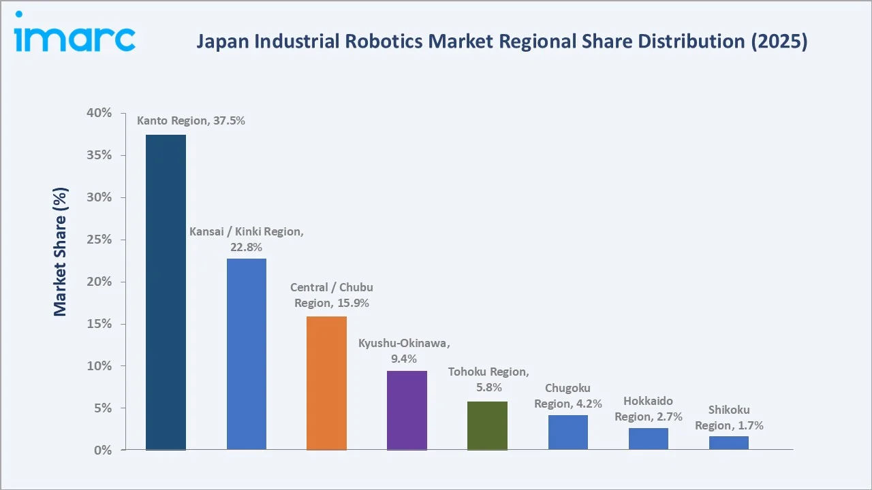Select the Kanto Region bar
tap(166, 292)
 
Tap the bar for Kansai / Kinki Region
tap(247, 354)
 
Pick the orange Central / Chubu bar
tap(326, 383)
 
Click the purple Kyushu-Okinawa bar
tap(407, 410)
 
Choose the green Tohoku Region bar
tap(487, 425)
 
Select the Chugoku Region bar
tap(567, 432)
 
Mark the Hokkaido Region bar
tap(648, 439)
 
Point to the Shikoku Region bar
tap(728, 443)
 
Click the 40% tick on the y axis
tap(99, 113)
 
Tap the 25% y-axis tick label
tap(99, 240)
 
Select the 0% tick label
tap(103, 451)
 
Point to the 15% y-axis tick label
tap(99, 324)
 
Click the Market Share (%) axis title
tap(61, 252)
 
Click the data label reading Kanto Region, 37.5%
tap(191, 121)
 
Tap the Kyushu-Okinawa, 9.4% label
tap(404, 350)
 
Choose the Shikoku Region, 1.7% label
tap(729, 418)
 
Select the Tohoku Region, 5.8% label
tap(488, 380)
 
